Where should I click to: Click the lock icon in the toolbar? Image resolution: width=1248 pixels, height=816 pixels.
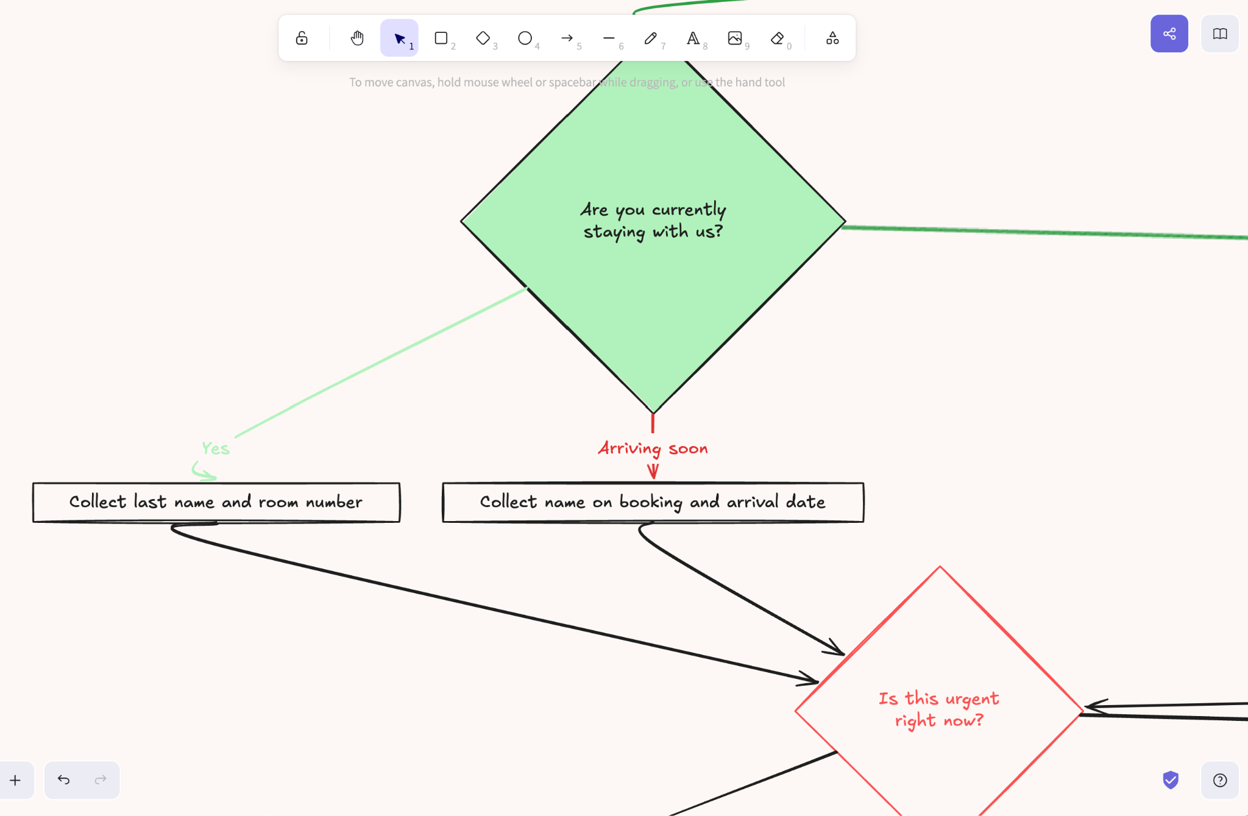click(x=302, y=38)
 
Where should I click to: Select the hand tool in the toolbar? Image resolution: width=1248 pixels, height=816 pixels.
click(x=357, y=38)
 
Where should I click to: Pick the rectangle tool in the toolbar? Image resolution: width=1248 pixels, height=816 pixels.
click(x=441, y=38)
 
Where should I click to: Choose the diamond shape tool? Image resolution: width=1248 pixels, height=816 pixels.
click(x=483, y=38)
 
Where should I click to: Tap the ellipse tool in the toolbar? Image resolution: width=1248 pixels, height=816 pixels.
click(x=525, y=38)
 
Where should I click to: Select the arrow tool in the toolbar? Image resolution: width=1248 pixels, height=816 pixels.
click(x=567, y=38)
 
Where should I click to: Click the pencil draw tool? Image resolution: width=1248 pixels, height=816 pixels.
click(x=650, y=38)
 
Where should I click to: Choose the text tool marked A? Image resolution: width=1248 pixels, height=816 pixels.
click(x=693, y=38)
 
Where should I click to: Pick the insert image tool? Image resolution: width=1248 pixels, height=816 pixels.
click(x=735, y=38)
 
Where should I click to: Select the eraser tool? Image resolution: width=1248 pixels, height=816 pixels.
click(x=777, y=38)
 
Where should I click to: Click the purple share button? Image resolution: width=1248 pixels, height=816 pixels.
click(x=1169, y=34)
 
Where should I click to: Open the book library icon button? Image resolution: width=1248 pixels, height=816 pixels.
click(x=1219, y=34)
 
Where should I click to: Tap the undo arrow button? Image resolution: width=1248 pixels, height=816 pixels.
click(x=63, y=779)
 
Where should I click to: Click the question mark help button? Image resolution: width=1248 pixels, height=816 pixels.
click(x=1219, y=780)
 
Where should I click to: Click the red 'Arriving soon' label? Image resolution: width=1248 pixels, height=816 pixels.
click(x=653, y=449)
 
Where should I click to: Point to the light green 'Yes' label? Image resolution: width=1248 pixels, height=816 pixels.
click(x=216, y=449)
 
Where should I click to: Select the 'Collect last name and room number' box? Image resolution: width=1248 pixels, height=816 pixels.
click(x=216, y=502)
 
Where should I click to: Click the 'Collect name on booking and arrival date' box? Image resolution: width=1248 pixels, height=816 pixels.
click(x=653, y=502)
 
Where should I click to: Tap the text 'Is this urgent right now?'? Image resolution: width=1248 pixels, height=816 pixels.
click(x=939, y=709)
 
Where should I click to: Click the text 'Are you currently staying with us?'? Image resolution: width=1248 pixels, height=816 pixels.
click(x=653, y=221)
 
